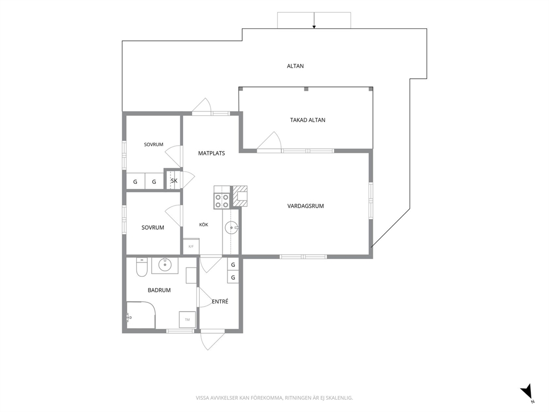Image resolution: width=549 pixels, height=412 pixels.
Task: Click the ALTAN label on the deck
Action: tap(295, 66)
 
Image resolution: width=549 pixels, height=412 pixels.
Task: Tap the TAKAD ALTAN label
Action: tap(307, 120)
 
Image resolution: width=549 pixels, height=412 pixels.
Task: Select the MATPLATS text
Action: tap(211, 153)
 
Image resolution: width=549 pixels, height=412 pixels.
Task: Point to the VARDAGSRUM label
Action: tap(305, 206)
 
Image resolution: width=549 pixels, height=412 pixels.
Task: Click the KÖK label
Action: tap(204, 225)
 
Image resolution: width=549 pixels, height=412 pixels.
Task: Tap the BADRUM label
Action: tap(159, 290)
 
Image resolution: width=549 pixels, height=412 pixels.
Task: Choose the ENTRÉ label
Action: tap(220, 301)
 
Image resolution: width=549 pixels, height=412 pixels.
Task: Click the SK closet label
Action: tap(174, 181)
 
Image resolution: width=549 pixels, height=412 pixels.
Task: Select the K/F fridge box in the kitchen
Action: tap(191, 246)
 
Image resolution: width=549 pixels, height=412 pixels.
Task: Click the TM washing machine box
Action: tap(187, 320)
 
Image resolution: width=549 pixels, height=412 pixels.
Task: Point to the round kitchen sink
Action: tap(231, 228)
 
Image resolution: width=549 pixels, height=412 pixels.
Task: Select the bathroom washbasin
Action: tap(164, 265)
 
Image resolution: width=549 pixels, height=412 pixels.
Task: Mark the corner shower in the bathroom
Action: tap(141, 315)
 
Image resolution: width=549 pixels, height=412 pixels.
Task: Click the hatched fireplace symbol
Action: tap(240, 197)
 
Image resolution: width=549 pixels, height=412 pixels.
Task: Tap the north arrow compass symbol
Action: tap(527, 392)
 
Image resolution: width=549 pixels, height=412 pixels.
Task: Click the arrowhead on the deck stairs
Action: tap(314, 27)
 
